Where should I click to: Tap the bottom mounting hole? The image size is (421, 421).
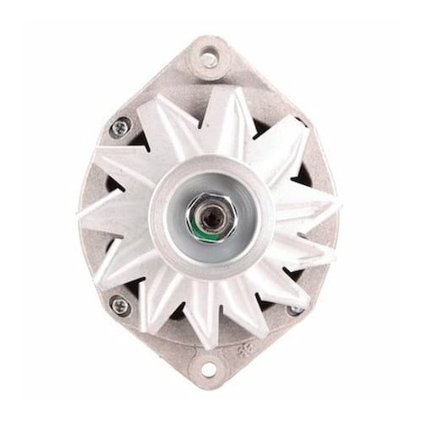click(209, 368)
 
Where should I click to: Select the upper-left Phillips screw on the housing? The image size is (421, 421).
click(121, 127)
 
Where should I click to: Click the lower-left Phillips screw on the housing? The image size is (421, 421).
click(120, 306)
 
